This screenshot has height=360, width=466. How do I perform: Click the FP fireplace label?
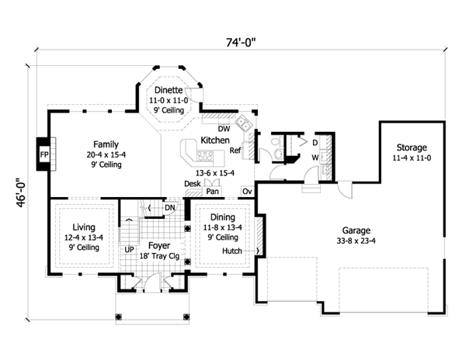point(44,154)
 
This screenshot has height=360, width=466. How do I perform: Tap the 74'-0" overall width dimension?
point(241,43)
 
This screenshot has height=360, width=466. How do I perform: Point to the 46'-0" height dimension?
point(21,192)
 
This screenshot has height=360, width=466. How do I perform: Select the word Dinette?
point(169,90)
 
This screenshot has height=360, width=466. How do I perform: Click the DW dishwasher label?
point(224,129)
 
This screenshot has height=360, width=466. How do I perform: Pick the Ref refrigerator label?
point(235,151)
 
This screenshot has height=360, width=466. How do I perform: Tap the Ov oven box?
point(247,192)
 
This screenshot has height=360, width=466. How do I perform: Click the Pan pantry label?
point(212,192)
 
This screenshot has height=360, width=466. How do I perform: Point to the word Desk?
point(193,184)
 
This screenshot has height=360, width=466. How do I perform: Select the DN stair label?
point(169,207)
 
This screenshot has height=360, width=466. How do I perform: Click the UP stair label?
point(129,250)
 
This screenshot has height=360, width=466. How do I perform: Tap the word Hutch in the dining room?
point(232,251)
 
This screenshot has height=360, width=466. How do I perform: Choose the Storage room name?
point(412,147)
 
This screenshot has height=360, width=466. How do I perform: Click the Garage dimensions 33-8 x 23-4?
point(356,241)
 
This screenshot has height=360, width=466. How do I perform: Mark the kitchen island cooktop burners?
point(205,156)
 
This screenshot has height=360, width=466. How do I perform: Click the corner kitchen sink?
point(245,123)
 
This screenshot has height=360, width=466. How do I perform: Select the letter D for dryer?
point(315,143)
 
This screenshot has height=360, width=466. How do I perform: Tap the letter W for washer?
point(315,157)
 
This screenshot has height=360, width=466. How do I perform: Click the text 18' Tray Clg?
point(159,256)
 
